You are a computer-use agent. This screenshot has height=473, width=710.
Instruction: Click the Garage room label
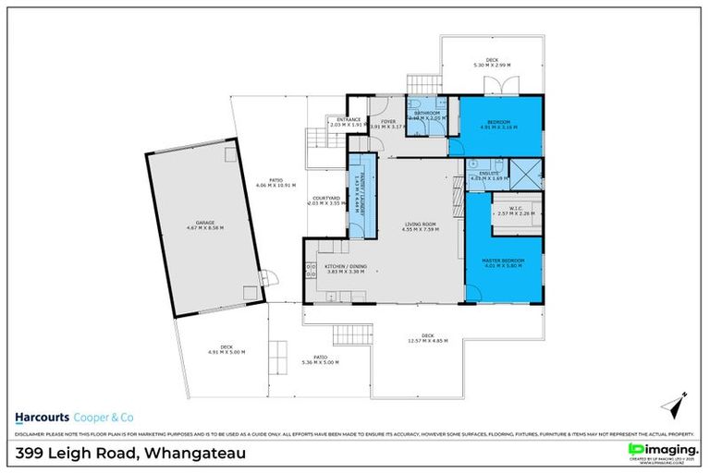click(204, 224)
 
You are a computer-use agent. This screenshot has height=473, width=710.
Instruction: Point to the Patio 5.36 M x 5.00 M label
click(320, 359)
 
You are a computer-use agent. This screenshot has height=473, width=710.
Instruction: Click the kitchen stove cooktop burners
click(308, 271)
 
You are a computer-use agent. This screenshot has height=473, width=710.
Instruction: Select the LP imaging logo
click(658, 450)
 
